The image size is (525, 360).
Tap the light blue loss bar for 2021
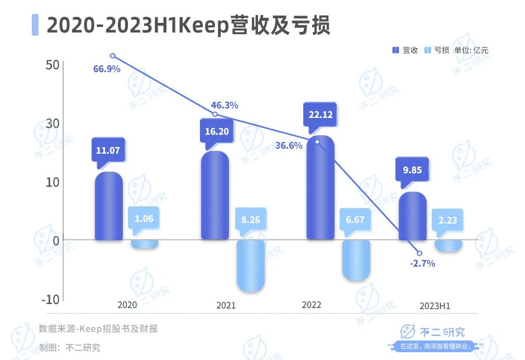250,266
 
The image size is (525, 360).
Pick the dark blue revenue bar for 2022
321,190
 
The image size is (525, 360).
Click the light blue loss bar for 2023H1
448,245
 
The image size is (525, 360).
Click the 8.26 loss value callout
250,220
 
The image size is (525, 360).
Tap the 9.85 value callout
412,170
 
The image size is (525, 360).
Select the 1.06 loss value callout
144,219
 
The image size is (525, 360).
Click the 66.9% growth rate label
107,69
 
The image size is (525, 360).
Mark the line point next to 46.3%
216,115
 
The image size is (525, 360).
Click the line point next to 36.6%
317,141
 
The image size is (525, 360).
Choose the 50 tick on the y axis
52,65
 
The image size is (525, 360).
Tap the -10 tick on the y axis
50,299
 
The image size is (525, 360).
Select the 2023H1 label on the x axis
435,306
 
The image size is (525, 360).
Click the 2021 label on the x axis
226,305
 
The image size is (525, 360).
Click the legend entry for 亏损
437,50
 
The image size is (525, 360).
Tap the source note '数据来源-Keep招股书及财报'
98,329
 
